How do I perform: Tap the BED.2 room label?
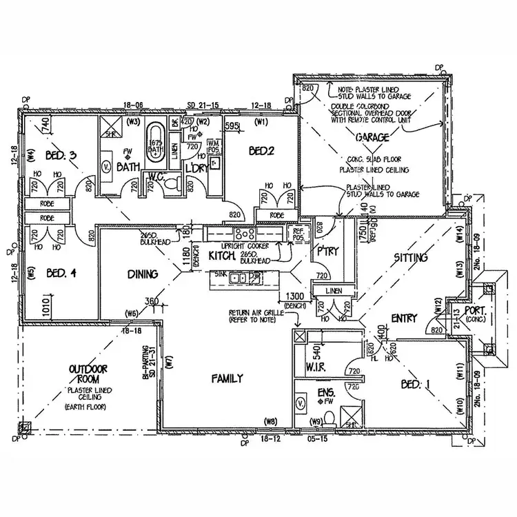click(262, 151)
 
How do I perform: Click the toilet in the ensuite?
click(330, 418)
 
